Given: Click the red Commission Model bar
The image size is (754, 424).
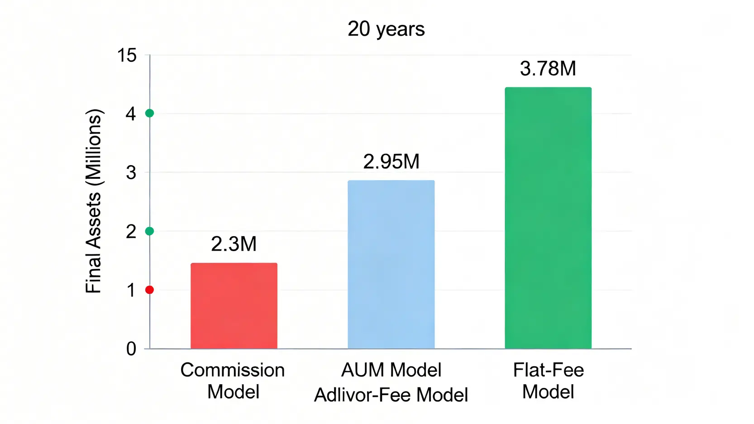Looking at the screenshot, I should point(234,305).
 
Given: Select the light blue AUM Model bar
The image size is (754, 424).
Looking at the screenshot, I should point(391,264).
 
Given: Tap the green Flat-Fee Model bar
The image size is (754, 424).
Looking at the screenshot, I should point(548,218).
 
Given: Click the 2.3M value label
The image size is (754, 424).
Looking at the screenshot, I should point(234,244).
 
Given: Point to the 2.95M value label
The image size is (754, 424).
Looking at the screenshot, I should point(391,162).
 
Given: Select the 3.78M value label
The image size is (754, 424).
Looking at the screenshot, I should point(548,69).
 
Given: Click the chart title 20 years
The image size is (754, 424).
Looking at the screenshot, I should point(386,29).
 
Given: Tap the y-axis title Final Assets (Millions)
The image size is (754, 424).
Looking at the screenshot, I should point(94,201).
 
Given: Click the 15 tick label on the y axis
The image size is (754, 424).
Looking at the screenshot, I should point(127,56).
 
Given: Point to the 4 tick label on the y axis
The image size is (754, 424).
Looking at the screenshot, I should point(131,114).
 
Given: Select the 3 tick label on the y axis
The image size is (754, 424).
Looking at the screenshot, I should point(131,172).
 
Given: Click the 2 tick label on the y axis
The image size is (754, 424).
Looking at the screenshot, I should point(131,232).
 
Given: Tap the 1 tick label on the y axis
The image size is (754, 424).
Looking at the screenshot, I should point(131,291).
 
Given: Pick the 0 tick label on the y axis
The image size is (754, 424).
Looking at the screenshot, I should point(131,349).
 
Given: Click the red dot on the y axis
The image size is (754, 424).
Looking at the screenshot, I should point(149,290).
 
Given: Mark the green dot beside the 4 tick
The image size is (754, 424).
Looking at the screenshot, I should point(149,113).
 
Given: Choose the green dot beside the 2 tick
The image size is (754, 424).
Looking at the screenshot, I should point(149,231).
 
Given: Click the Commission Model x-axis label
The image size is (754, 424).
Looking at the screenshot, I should point(233,381).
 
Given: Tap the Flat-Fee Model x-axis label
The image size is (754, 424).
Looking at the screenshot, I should point(548,381).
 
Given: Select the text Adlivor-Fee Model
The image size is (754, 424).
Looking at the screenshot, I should point(391,395).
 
